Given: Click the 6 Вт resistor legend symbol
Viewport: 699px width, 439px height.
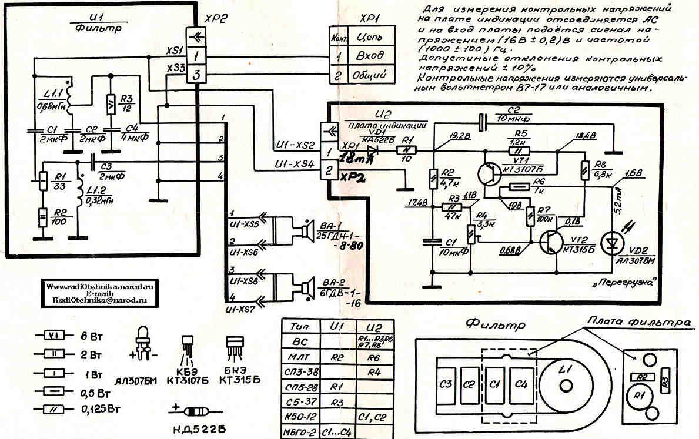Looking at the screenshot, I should point(53,336).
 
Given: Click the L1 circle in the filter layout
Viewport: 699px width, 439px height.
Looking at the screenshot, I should point(566,385).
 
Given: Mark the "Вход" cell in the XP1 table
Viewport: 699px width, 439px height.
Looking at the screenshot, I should point(370,56).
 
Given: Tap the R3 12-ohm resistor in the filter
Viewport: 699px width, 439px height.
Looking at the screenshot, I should point(110,105).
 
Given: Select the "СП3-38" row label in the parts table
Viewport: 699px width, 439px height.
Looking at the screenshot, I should point(300,371).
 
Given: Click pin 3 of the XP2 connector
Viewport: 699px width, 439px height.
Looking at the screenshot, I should point(196,75).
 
